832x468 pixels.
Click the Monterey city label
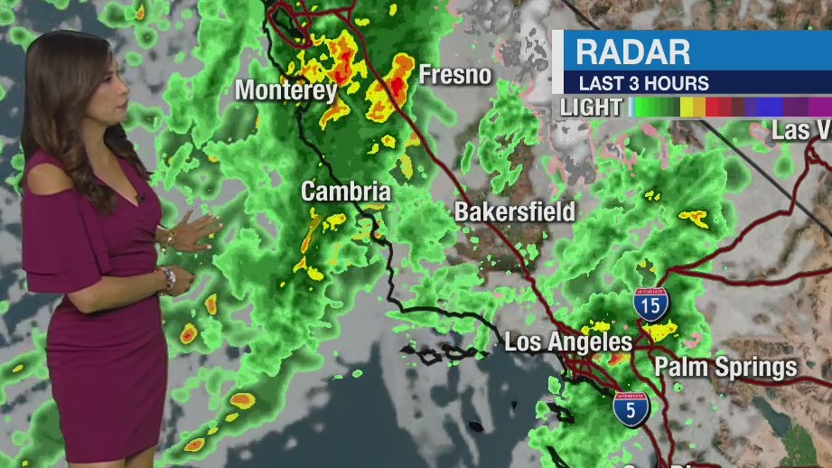pyautogui.click(x=285, y=90)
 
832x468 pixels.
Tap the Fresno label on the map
pyautogui.click(x=454, y=75)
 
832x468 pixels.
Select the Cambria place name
pyautogui.click(x=346, y=192)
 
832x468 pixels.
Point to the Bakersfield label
pyautogui.click(x=514, y=212)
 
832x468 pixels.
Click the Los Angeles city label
pyautogui.click(x=567, y=342)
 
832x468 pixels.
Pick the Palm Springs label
pyautogui.click(x=726, y=367)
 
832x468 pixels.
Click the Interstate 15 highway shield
pyautogui.click(x=650, y=305)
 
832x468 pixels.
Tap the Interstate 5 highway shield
pyautogui.click(x=630, y=409)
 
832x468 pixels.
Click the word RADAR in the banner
pyautogui.click(x=632, y=51)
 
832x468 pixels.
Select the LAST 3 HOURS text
pyautogui.click(x=643, y=83)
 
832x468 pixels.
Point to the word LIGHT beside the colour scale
pyautogui.click(x=591, y=108)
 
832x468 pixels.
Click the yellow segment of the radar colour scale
pyautogui.click(x=692, y=108)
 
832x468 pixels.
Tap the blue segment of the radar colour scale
pyautogui.click(x=768, y=108)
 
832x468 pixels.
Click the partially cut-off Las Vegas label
pyautogui.click(x=800, y=130)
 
